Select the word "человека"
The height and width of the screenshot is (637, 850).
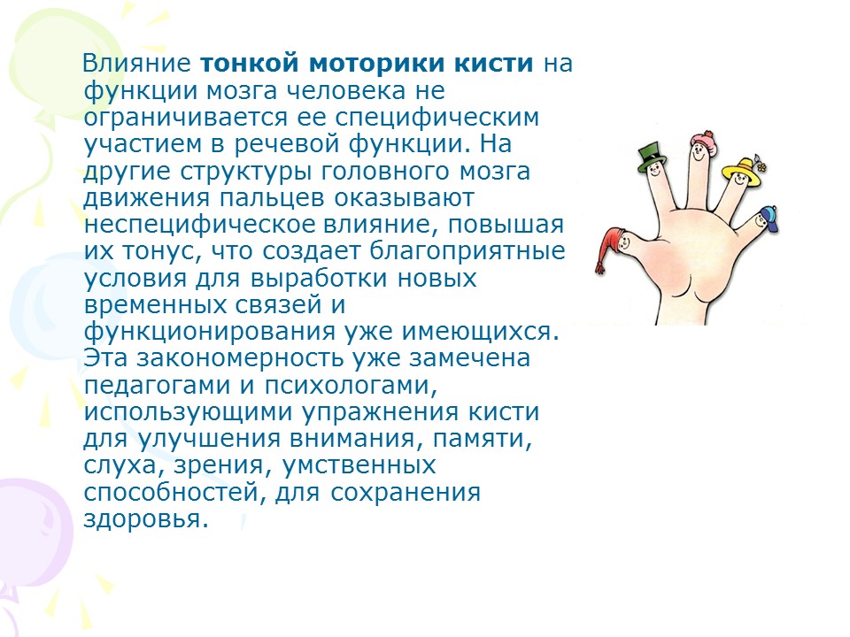344,90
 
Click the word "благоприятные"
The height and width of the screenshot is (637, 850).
467,252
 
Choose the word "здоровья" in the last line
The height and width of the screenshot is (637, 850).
146,519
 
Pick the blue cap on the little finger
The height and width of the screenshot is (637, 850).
769,218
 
